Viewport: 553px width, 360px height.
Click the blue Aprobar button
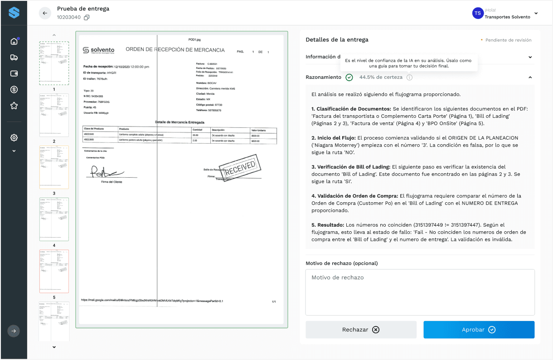pos(479,330)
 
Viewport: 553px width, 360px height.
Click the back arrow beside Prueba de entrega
pos(45,13)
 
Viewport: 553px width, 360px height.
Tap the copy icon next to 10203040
pos(87,18)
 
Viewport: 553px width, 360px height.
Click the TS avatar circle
pos(477,13)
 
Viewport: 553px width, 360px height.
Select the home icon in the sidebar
pos(14,41)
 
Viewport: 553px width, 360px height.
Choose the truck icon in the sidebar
pos(14,57)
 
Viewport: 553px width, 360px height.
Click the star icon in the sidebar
pos(14,106)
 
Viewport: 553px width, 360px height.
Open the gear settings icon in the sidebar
pos(14,137)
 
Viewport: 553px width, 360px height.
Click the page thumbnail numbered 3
pos(54,167)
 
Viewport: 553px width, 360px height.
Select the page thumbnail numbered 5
pos(54,271)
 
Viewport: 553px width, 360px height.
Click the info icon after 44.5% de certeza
pos(409,78)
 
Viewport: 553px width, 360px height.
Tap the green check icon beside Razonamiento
pos(349,78)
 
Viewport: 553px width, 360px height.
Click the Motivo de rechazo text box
pos(420,292)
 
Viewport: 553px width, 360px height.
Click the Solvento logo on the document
pos(99,50)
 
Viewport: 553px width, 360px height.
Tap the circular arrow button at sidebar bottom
pos(14,331)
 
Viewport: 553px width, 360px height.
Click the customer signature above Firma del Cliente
pos(106,172)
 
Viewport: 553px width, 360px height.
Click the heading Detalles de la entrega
pos(337,39)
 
